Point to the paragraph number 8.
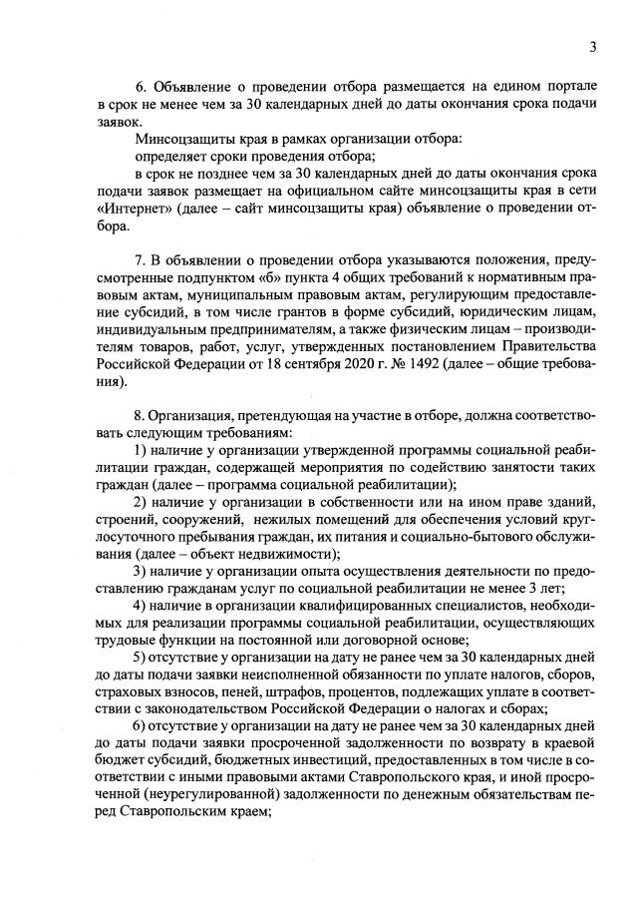[141, 412]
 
